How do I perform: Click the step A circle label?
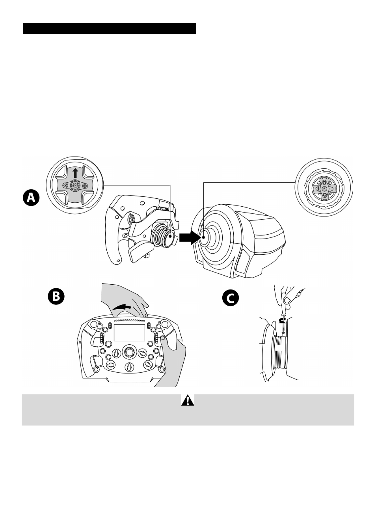point(31,198)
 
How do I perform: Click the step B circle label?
point(56,297)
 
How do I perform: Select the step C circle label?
point(230,298)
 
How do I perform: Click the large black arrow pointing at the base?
point(189,238)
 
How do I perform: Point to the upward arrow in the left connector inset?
point(75,173)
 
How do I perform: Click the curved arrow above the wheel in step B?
point(121,307)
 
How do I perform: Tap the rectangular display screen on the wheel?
point(129,333)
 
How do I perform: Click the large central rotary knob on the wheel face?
point(128,351)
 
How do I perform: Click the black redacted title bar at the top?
point(109,28)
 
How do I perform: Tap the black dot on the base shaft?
point(203,237)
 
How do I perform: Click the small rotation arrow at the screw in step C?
point(282,320)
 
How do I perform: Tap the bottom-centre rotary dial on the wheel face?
point(128,367)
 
